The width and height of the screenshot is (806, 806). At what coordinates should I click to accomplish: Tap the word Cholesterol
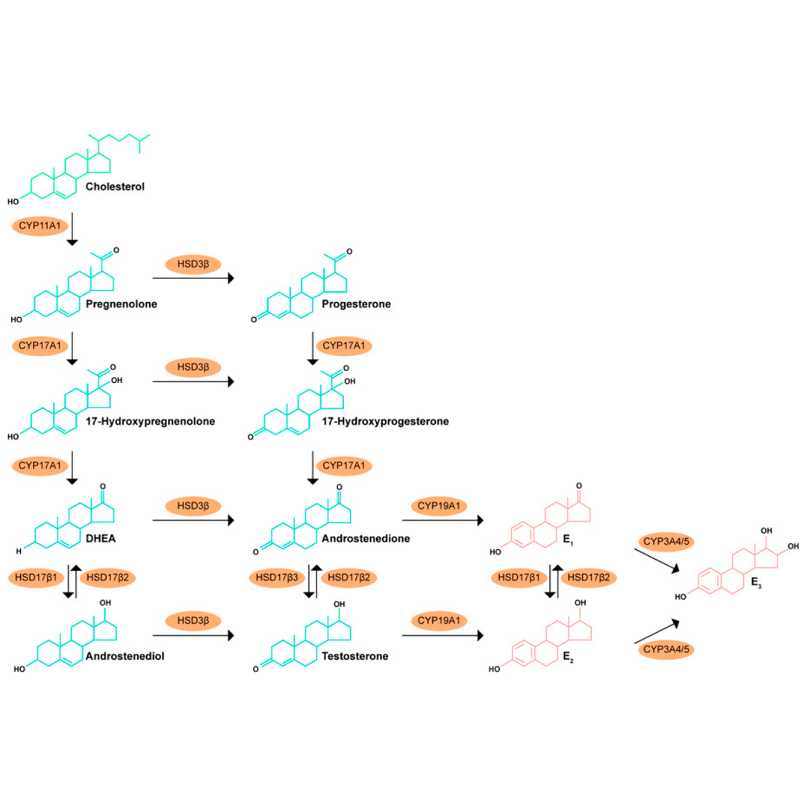click(x=115, y=186)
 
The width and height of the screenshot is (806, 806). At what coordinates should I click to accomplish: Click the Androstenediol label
click(x=123, y=657)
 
